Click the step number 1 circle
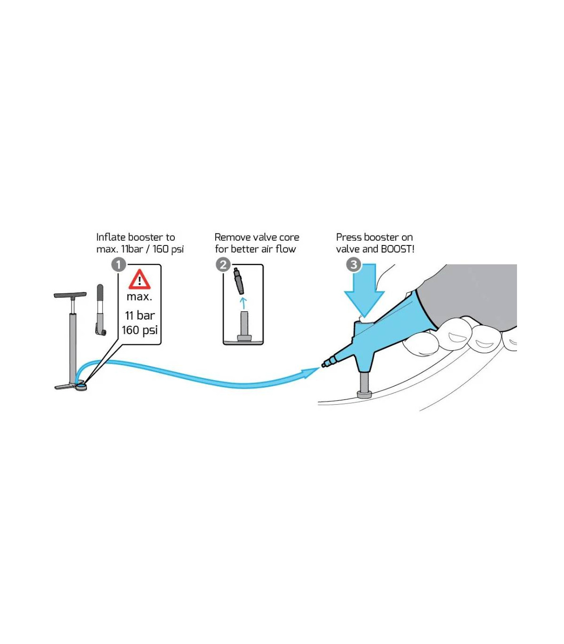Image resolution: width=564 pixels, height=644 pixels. coord(119,265)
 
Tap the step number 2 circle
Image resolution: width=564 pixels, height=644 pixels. coord(223,265)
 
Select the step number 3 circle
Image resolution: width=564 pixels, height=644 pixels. coord(353,265)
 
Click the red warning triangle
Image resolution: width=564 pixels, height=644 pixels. coord(140,279)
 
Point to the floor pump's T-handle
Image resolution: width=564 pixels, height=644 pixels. coord(70,295)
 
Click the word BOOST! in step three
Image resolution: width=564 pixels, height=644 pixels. coord(397,249)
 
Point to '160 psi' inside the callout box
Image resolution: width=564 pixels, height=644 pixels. coord(140,330)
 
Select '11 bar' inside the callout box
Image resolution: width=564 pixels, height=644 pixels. coord(140,315)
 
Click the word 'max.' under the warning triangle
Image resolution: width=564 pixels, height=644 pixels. coord(139,297)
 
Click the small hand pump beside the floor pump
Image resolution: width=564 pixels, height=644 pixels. coord(101,310)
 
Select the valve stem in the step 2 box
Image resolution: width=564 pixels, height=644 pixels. coord(244,326)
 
